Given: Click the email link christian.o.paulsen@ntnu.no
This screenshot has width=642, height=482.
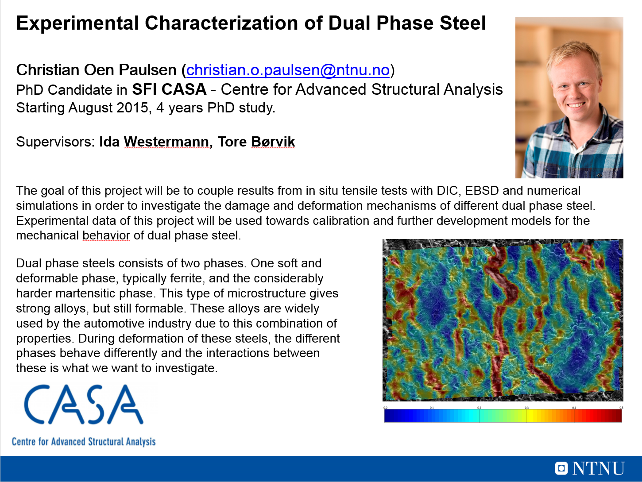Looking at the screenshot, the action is [x=288, y=70].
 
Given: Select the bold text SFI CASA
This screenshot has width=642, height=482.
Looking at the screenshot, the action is [x=169, y=89].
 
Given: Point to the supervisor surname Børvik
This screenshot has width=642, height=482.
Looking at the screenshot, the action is [x=273, y=142].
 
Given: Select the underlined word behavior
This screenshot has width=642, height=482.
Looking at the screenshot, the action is [x=106, y=235].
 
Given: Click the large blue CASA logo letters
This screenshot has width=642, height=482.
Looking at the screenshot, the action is [x=84, y=404].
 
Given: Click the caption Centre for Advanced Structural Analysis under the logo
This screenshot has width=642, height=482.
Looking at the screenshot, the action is [x=84, y=441].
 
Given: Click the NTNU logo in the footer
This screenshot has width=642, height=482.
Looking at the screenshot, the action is [x=590, y=468].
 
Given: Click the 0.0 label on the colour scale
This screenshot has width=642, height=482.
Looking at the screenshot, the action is [x=386, y=408].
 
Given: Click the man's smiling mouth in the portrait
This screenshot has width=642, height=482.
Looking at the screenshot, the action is [x=576, y=105].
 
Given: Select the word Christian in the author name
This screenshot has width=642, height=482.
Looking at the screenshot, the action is [x=48, y=70].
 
